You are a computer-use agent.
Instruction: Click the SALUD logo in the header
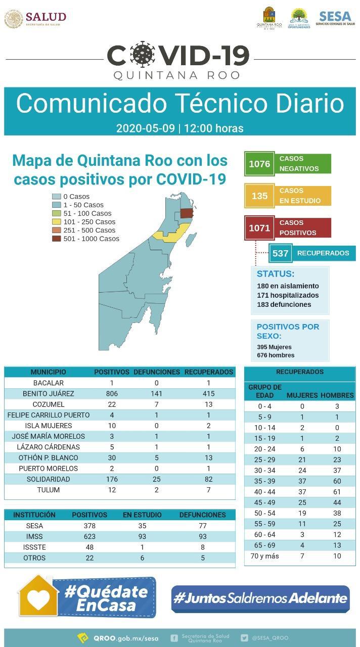[35, 19]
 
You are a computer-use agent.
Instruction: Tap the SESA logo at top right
[335, 18]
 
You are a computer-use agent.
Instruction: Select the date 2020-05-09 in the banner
[146, 128]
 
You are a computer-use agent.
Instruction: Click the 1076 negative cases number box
[259, 164]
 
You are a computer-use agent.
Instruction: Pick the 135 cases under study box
[259, 196]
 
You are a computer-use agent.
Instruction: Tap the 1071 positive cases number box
[259, 228]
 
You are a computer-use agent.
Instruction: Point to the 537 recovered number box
[280, 253]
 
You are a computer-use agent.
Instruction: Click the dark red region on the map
[187, 213]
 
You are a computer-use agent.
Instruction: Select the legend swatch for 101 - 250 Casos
[57, 222]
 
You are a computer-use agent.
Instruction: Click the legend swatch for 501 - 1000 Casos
[57, 239]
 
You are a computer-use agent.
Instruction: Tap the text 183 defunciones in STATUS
[284, 304]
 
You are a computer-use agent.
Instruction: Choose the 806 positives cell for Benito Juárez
[112, 394]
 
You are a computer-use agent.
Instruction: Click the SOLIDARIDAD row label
[49, 479]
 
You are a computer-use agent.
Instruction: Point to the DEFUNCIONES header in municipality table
[157, 372]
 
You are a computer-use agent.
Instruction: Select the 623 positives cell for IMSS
[89, 536]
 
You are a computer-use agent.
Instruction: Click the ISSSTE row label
[34, 547]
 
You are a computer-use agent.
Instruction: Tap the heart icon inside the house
[38, 599]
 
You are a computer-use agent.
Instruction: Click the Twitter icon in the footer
[245, 638]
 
